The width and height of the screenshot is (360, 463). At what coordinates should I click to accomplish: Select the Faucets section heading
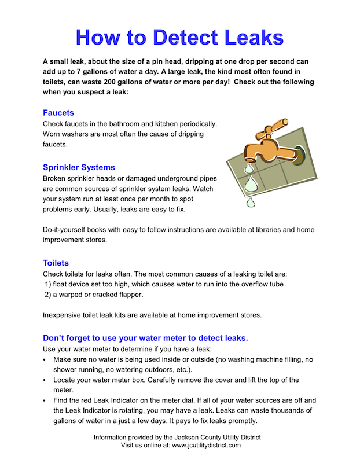pos(58,112)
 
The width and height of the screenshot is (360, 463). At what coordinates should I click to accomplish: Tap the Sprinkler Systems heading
pos(79,167)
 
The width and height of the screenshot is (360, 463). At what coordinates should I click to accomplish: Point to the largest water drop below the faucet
pos(251,185)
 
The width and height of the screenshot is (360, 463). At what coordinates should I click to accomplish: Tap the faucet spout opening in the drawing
pos(249,160)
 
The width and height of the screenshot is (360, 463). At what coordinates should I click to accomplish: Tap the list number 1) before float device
pos(48,284)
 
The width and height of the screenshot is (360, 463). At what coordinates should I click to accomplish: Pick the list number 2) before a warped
pos(48,294)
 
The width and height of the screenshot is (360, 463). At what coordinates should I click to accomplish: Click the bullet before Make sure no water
pos(45,359)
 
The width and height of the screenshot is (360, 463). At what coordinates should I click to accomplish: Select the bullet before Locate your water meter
pos(45,380)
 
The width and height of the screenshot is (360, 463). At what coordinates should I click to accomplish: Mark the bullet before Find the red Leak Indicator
pos(45,400)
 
